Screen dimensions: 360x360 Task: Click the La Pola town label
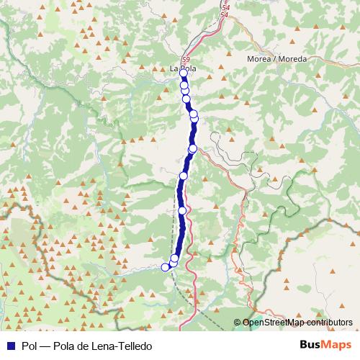(x=183, y=69)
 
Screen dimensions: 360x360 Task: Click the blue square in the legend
(x=10, y=345)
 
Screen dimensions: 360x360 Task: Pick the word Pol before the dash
(x=29, y=345)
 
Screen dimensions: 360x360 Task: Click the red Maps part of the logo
(x=338, y=344)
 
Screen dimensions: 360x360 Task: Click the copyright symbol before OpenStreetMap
(x=237, y=323)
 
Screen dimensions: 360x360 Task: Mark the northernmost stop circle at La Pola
(x=184, y=73)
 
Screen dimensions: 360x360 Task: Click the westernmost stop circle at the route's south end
(x=165, y=267)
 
